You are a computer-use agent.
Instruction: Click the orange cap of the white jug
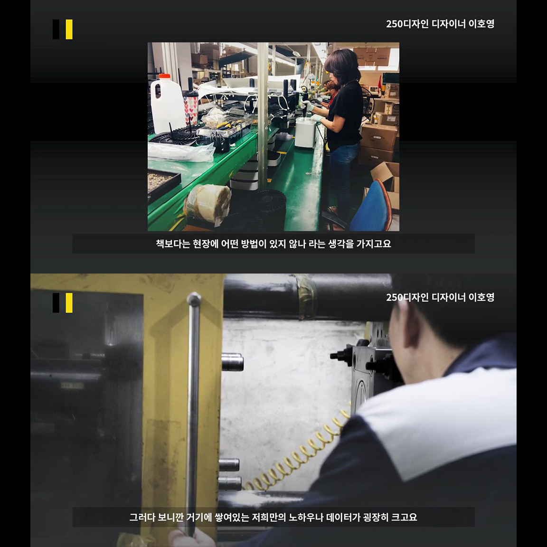tap(164, 76)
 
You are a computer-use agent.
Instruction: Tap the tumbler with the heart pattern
tap(190, 107)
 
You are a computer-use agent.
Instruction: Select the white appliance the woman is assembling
tap(304, 132)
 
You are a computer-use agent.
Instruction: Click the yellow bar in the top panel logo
tap(69, 29)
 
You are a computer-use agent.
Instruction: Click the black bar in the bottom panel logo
tap(56, 303)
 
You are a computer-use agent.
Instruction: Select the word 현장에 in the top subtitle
tap(205, 244)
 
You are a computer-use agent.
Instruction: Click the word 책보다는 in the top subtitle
tap(173, 244)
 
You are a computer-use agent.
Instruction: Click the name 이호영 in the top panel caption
tap(481, 24)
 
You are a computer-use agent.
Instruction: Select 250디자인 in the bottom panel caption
tap(407, 298)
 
